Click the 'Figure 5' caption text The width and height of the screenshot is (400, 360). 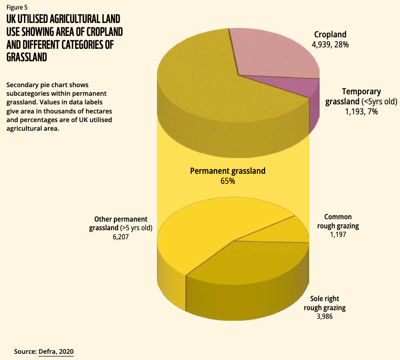[17, 7]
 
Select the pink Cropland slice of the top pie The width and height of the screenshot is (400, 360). [273, 53]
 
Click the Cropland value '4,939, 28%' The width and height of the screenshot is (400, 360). [330, 44]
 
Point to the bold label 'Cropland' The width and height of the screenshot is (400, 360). [330, 34]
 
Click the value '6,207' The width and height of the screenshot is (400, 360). [121, 236]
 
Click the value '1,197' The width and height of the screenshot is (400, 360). [337, 235]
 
